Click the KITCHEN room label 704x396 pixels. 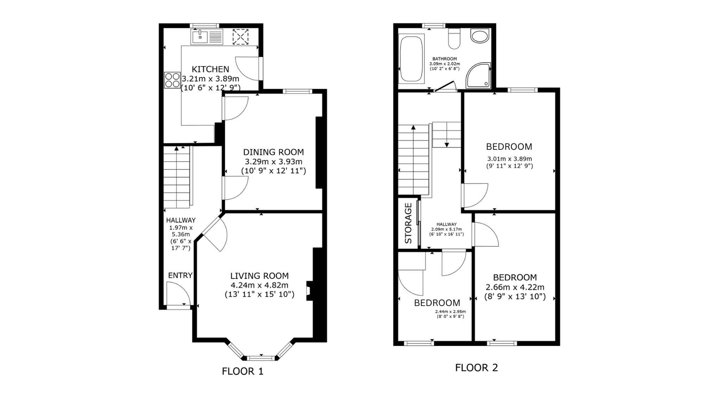tap(210, 69)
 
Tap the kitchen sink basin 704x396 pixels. tap(200, 37)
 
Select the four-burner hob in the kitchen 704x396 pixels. tap(172, 80)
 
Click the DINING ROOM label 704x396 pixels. tap(274, 152)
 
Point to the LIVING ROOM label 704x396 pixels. tap(259, 276)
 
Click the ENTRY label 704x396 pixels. tap(180, 275)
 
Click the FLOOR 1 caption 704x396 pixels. tap(243, 371)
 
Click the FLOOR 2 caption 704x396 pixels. tap(477, 367)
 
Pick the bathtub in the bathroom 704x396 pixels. tap(411, 59)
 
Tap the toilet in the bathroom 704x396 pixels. tap(454, 38)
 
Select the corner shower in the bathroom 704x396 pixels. tap(478, 75)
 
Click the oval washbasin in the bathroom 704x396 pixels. tap(479, 36)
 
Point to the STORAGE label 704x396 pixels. tap(408, 223)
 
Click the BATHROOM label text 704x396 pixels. tap(445, 59)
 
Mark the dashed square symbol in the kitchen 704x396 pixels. tap(240, 37)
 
